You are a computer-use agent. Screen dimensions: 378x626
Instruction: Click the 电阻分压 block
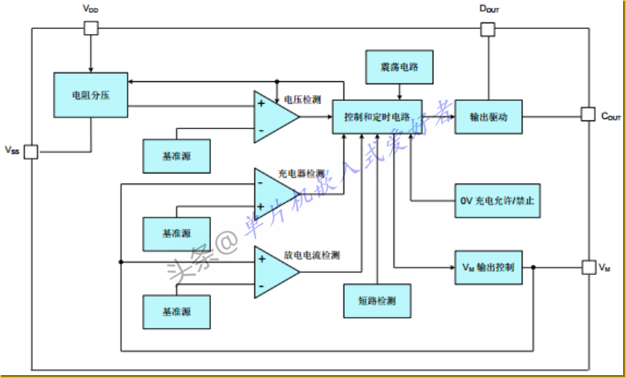click(x=91, y=94)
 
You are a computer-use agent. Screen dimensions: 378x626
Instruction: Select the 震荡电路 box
click(x=401, y=67)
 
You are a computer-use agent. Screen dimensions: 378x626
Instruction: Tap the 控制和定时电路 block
click(x=377, y=116)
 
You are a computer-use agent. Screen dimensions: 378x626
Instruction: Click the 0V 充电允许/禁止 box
click(x=497, y=200)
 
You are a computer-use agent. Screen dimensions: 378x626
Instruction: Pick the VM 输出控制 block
click(x=488, y=267)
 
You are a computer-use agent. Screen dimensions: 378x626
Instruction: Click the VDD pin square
click(x=91, y=28)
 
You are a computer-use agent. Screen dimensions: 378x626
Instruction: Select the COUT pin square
click(x=588, y=115)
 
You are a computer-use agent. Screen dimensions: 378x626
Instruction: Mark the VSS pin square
click(x=30, y=152)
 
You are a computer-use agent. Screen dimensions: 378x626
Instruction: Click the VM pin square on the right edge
click(x=588, y=268)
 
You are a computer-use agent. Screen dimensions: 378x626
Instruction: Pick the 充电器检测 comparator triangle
click(x=272, y=193)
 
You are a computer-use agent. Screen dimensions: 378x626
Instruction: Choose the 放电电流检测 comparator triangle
click(x=272, y=271)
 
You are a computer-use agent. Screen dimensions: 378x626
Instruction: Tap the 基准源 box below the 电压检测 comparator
click(x=177, y=156)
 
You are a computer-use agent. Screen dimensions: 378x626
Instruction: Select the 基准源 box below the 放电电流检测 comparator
click(x=177, y=311)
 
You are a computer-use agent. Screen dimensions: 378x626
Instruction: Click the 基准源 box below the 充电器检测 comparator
click(x=177, y=234)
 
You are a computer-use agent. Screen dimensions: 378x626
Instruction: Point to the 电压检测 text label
click(x=302, y=99)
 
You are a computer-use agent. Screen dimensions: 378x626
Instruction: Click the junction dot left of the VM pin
click(x=534, y=268)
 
